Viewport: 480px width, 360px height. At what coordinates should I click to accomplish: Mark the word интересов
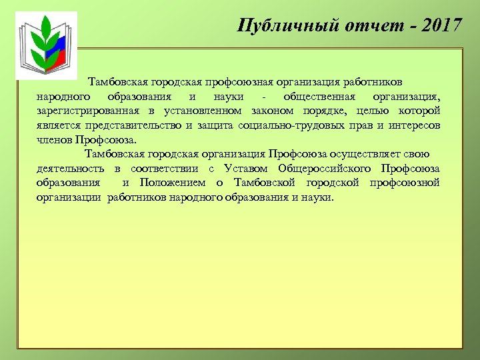pos(413,125)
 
